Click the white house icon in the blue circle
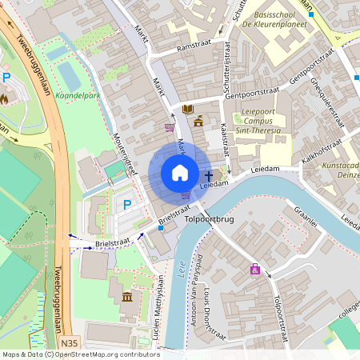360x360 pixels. [x=180, y=173]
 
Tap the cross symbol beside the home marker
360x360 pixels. [x=209, y=175]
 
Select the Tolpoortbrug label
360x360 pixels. [x=208, y=218]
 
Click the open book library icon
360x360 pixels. [x=188, y=109]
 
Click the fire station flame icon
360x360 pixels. [x=4, y=99]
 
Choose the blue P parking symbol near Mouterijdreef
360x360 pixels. [x=127, y=205]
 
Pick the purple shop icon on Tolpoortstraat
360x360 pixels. [x=255, y=270]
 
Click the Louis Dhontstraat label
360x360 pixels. [x=210, y=306]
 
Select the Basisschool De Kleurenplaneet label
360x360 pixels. [x=281, y=20]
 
